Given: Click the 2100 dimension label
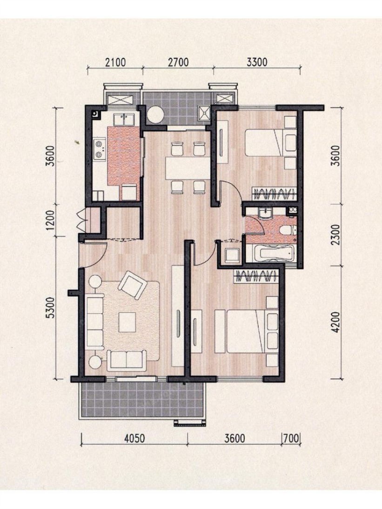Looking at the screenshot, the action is click(x=115, y=62).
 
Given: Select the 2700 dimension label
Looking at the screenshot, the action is click(x=178, y=62).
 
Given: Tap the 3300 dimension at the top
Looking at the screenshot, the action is click(x=257, y=62).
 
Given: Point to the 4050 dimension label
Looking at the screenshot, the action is click(x=134, y=438).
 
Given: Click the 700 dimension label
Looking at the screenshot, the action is click(x=291, y=438).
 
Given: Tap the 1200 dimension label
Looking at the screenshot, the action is click(x=51, y=220).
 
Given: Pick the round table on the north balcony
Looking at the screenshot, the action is click(x=155, y=114).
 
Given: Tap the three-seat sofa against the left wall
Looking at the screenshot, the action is click(x=95, y=322).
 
